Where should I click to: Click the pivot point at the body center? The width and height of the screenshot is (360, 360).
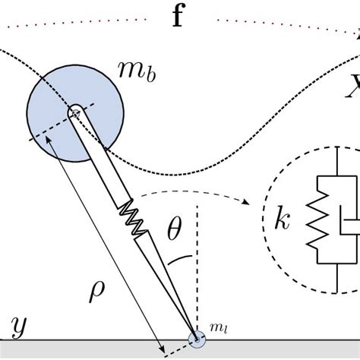[x=75, y=114]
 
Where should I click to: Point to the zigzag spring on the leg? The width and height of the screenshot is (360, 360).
[x=133, y=218]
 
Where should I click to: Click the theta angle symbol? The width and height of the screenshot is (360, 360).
[x=175, y=229]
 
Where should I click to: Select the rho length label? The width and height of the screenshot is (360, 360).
[x=96, y=291]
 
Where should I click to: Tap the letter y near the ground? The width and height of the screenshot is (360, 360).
[x=19, y=327]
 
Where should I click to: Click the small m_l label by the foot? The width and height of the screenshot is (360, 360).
[x=219, y=328]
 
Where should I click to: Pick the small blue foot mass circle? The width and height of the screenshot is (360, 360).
[x=197, y=339]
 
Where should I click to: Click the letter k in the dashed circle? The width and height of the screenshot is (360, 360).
[x=282, y=218]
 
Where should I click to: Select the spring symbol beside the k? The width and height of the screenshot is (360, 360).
[x=317, y=219]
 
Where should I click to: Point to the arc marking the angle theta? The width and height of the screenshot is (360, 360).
[x=180, y=259]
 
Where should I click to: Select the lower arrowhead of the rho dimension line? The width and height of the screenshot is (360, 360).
[x=163, y=348]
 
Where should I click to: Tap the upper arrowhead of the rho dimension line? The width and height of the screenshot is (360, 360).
[x=48, y=140]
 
